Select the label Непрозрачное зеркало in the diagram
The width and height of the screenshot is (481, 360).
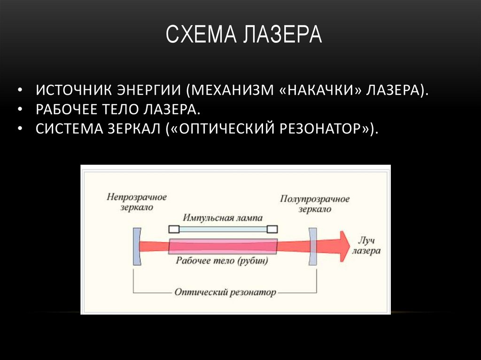click(136, 202)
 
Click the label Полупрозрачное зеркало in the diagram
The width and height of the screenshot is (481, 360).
click(315, 204)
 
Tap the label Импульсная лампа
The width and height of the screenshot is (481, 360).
click(223, 218)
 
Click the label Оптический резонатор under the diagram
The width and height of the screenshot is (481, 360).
click(225, 292)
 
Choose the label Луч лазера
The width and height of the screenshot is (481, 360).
click(366, 245)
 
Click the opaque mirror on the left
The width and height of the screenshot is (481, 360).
click(136, 246)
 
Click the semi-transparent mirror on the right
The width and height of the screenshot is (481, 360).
click(312, 246)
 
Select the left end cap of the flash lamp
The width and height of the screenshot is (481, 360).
click(173, 229)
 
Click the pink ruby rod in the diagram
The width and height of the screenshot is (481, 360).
click(223, 246)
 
